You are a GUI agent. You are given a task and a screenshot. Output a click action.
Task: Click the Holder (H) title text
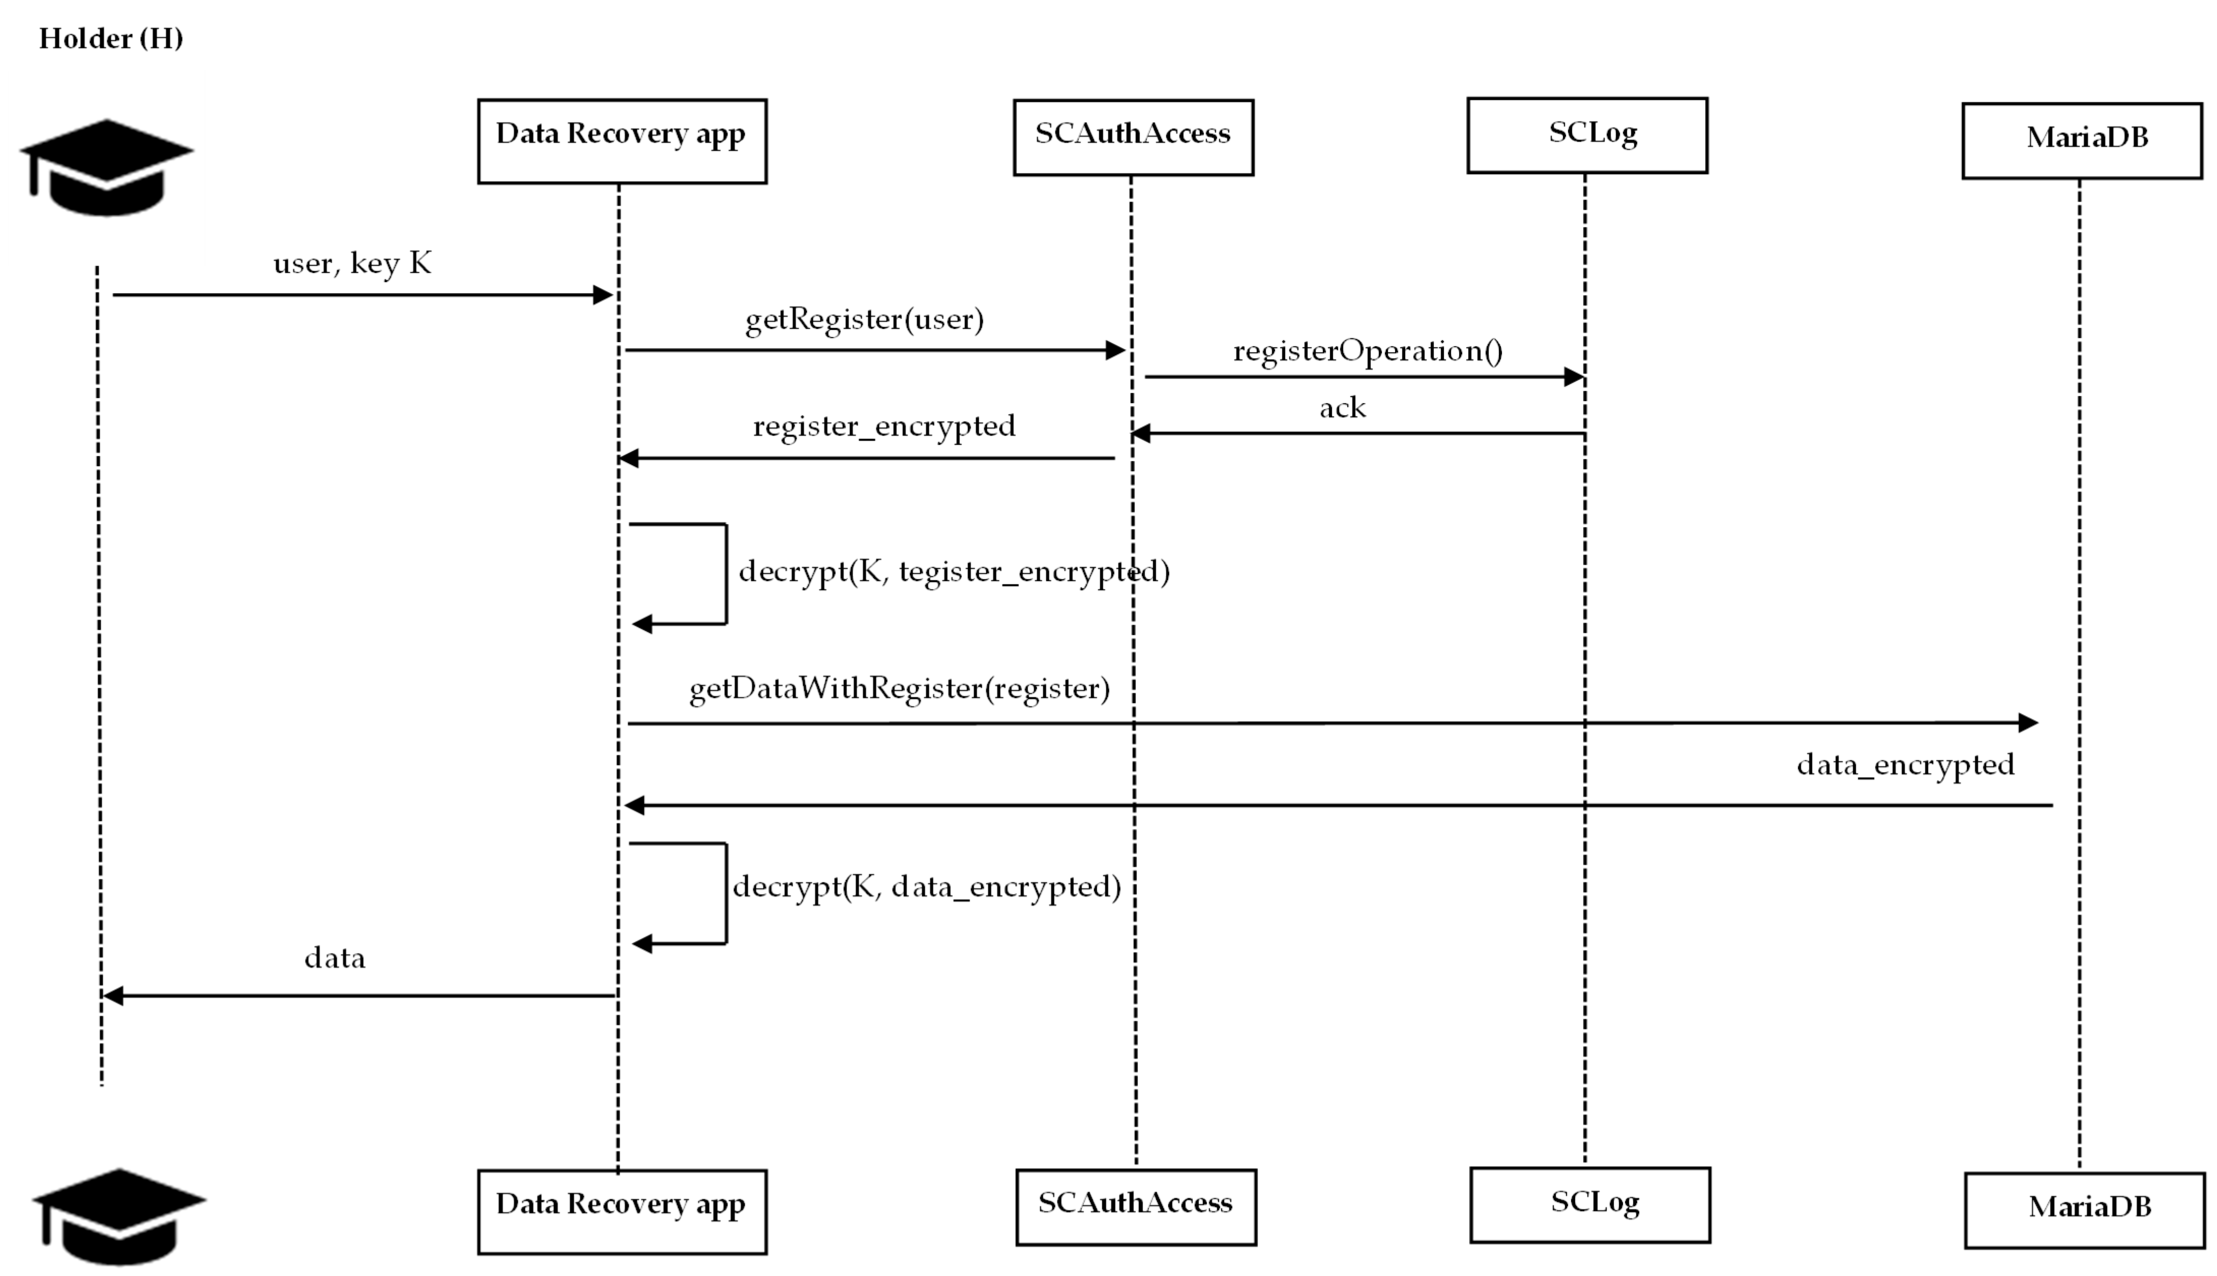click(111, 39)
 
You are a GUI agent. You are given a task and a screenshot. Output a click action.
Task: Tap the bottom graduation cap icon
click(119, 1217)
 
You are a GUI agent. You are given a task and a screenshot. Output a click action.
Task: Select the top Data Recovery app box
click(622, 141)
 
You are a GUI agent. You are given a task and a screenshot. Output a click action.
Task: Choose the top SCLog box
click(1587, 135)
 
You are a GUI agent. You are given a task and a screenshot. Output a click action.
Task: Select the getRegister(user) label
click(864, 320)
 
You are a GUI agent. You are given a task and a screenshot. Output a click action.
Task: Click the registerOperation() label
click(1368, 351)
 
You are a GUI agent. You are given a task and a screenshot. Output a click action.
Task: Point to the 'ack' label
click(1342, 408)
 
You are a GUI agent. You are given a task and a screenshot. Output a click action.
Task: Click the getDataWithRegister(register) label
click(899, 689)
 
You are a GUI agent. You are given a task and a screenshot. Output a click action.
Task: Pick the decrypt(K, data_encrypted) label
click(927, 887)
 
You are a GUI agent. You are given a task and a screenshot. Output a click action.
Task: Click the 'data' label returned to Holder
click(335, 958)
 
